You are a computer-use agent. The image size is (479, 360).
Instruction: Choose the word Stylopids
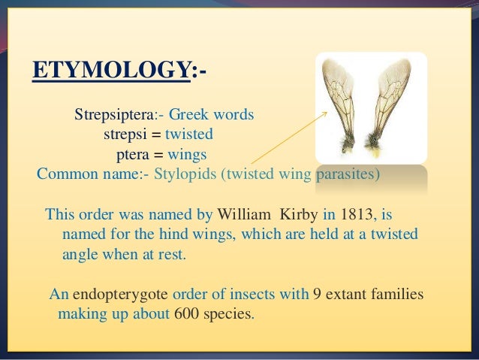pos(188,174)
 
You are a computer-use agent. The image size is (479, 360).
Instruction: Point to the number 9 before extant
pos(318,293)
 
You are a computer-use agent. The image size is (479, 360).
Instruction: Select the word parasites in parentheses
pos(345,174)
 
